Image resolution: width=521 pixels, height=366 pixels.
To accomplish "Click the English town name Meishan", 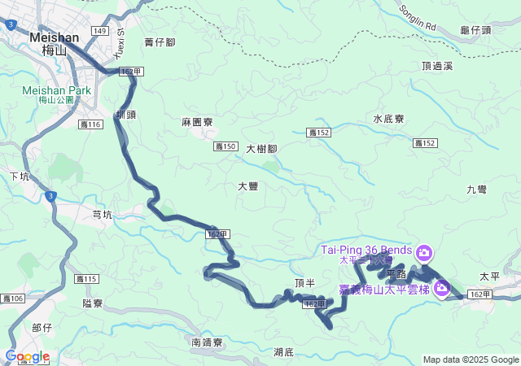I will tap(55, 37).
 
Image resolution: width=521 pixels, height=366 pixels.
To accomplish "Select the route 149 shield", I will tap(99, 31).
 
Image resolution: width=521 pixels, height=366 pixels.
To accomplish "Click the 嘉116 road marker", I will tap(92, 124).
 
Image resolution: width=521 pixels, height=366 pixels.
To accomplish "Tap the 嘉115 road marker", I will tap(86, 279).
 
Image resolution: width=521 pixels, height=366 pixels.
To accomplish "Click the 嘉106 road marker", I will tap(12, 298).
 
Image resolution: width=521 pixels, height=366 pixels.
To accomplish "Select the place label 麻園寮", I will tap(197, 121).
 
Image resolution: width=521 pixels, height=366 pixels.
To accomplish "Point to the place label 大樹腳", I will tap(261, 149).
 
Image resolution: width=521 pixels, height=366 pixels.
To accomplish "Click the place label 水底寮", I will tap(388, 119).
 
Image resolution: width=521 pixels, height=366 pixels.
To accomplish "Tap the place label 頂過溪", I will tap(437, 66).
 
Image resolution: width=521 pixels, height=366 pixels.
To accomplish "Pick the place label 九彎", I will tap(477, 189).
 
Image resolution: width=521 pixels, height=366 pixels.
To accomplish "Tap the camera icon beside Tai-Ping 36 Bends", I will tap(424, 251).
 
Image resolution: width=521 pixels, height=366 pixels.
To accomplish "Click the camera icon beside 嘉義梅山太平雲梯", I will tap(442, 288).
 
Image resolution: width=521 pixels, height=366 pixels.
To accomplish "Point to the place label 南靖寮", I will tap(208, 342).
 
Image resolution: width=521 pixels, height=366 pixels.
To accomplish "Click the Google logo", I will tap(27, 356).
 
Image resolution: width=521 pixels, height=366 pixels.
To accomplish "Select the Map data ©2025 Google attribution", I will tap(471, 359).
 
